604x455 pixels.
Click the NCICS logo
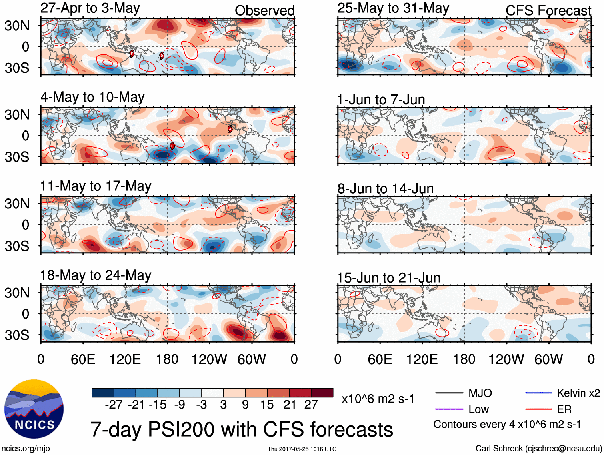pyautogui.click(x=34, y=409)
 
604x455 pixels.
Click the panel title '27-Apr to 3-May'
pyautogui.click(x=90, y=8)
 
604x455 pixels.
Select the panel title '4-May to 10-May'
pyautogui.click(x=92, y=97)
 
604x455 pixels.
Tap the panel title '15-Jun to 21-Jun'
pyautogui.click(x=388, y=277)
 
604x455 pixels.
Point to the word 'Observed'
pyautogui.click(x=264, y=10)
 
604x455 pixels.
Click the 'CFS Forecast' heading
pyautogui.click(x=548, y=10)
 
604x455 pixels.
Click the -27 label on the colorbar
pyautogui.click(x=114, y=405)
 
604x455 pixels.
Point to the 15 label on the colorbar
pyautogui.click(x=267, y=405)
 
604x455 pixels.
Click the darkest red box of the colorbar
pyautogui.click(x=322, y=393)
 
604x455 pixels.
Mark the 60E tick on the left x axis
pyautogui.click(x=83, y=359)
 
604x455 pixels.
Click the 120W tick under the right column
pyautogui.click(x=506, y=359)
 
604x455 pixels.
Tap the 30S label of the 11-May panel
pyautogui.click(x=17, y=246)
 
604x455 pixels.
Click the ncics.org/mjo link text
pyautogui.click(x=26, y=449)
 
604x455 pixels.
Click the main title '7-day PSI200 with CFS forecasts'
pyautogui.click(x=242, y=429)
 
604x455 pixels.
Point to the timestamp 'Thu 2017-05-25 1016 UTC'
pyautogui.click(x=302, y=449)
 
